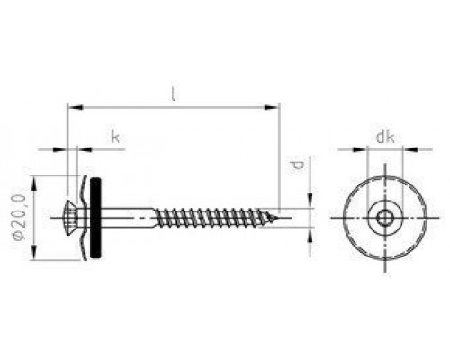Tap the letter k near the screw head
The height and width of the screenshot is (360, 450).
[115, 137]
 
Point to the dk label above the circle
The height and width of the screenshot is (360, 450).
[384, 137]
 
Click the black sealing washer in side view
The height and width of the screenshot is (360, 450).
[95, 217]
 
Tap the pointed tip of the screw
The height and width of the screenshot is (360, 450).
[280, 217]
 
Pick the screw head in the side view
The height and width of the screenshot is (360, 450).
[74, 217]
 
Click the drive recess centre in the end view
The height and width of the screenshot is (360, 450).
[383, 217]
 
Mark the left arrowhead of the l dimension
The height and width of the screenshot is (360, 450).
[72, 108]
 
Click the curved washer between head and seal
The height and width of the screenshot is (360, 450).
[85, 217]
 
